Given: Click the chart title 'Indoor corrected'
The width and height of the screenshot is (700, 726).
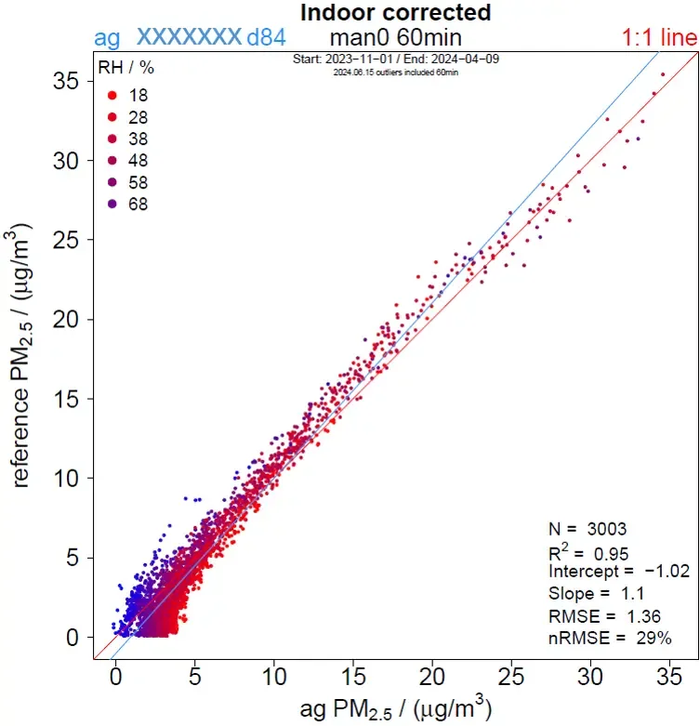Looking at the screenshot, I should coord(395,13).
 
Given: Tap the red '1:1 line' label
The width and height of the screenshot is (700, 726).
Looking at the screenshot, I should coord(658,38).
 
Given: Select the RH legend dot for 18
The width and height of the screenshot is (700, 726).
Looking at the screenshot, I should coord(112,95).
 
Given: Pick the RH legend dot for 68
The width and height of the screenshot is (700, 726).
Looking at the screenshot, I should coord(112,204).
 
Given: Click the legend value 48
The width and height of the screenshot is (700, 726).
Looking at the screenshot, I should coord(138,160).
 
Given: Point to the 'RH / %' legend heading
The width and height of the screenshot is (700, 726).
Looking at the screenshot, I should coord(126,68).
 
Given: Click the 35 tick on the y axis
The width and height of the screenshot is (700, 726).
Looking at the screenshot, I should coord(63,81).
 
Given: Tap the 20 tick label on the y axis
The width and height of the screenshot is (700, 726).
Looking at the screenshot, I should coord(63,319).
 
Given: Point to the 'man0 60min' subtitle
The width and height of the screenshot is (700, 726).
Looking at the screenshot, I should coord(395,38).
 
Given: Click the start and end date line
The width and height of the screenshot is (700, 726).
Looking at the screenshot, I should coord(395,59).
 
